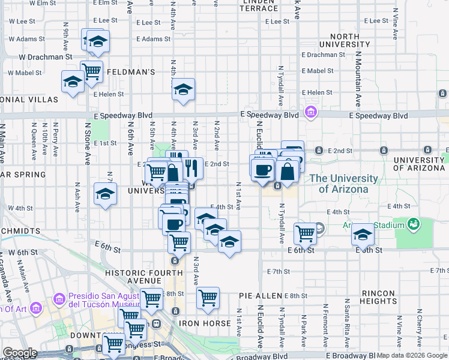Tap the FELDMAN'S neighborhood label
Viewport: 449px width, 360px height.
tap(131, 72)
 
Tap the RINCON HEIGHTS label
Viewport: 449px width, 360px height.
tap(378, 297)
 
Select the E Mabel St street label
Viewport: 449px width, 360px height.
tap(318, 71)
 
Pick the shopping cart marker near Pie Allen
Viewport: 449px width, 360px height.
tap(208, 297)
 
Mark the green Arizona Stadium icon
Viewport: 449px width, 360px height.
tap(412, 225)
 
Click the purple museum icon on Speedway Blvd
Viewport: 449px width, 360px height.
tap(311, 112)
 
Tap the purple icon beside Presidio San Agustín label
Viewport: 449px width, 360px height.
tap(58, 298)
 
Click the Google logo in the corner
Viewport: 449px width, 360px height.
tap(20, 353)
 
